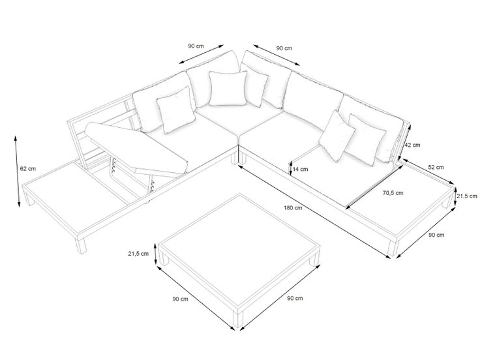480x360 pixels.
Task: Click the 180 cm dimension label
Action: (x=293, y=208)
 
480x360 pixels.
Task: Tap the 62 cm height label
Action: (x=27, y=169)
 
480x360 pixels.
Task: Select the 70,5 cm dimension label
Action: (x=393, y=193)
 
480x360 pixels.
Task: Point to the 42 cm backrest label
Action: (x=412, y=145)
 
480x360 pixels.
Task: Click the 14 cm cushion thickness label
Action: (x=300, y=170)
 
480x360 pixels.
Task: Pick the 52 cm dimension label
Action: (x=436, y=168)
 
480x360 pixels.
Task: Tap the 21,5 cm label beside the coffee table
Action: (x=138, y=254)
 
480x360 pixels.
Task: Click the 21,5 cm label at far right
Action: (x=467, y=196)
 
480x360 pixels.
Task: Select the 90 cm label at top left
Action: (x=196, y=46)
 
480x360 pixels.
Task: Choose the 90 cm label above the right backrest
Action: (x=284, y=48)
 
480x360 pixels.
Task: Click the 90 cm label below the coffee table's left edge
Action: (x=180, y=299)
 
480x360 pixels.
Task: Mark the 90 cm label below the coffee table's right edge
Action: (x=295, y=298)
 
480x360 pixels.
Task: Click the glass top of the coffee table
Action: (x=239, y=246)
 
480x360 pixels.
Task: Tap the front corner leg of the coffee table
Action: (x=238, y=320)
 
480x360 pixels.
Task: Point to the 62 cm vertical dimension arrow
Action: (x=18, y=172)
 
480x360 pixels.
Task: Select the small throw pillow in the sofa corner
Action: (x=228, y=89)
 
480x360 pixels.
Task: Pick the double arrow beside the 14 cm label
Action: (x=291, y=169)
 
